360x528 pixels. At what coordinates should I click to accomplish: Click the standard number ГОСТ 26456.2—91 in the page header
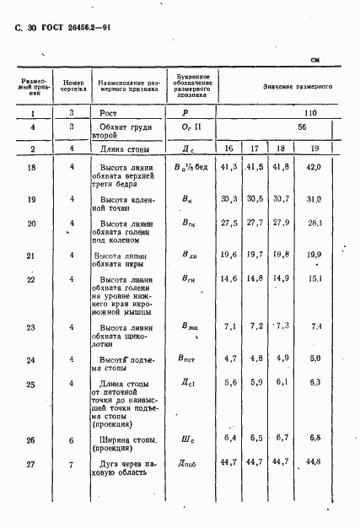click(71, 28)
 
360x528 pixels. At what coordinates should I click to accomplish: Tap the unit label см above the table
click(316, 59)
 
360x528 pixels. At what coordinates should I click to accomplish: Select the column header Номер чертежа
click(73, 85)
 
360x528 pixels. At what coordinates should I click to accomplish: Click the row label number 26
click(30, 439)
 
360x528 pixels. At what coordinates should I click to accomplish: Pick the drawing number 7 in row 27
click(73, 462)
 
